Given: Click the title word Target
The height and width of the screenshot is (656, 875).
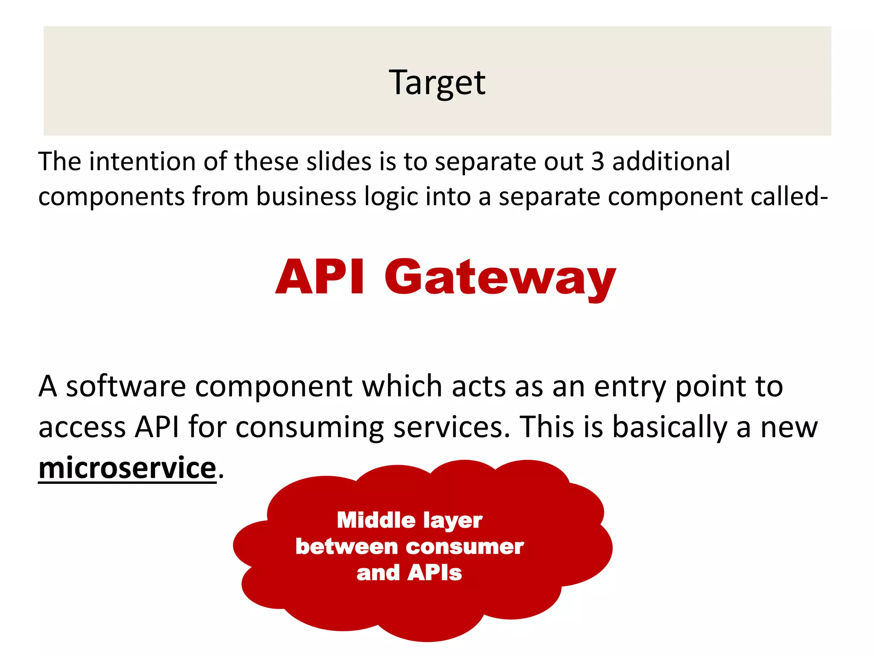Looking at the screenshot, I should pos(437,82).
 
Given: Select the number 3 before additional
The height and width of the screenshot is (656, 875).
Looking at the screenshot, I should pos(598,162).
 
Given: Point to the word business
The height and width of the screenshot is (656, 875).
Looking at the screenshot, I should pos(305,197).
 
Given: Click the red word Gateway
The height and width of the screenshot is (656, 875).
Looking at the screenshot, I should pos(500,278).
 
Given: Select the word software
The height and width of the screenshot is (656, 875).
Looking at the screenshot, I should pos(126,386).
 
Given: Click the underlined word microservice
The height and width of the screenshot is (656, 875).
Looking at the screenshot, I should pos(127,468).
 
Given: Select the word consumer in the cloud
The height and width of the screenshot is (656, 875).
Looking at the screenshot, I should pos(465,547).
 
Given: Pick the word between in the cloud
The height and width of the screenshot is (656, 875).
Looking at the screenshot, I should pos(346,547).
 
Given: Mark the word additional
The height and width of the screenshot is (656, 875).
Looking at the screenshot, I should pos(671,162).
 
